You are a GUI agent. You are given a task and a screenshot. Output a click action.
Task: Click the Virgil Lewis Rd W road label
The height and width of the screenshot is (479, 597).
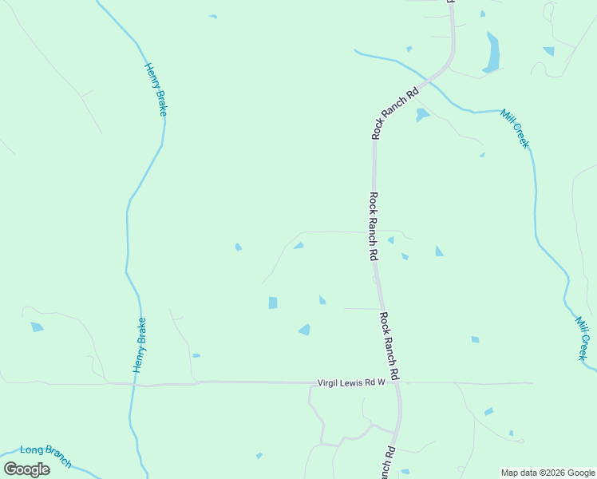pyautogui.click(x=351, y=383)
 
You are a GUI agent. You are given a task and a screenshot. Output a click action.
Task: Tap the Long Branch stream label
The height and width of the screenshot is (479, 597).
pyautogui.click(x=46, y=456)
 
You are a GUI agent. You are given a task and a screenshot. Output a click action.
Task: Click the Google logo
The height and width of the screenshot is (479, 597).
pyautogui.click(x=27, y=469)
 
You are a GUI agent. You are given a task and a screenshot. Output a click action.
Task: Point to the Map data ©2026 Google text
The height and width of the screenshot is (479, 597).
pyautogui.click(x=548, y=473)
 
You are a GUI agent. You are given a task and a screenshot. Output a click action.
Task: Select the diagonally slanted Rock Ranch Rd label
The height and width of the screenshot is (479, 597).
pyautogui.click(x=395, y=113)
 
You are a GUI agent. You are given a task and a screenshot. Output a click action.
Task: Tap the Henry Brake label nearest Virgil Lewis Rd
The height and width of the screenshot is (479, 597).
pyautogui.click(x=140, y=345)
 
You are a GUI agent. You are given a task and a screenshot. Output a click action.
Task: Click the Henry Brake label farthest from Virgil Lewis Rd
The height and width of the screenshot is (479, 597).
pyautogui.click(x=155, y=89)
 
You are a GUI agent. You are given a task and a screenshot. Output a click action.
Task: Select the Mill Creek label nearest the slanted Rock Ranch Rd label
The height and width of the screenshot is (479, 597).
pyautogui.click(x=515, y=128)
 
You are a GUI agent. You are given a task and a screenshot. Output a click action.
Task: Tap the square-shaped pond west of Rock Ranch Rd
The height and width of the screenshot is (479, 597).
pyautogui.click(x=273, y=303)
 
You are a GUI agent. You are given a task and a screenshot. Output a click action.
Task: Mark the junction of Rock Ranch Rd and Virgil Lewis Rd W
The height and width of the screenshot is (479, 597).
pyautogui.click(x=397, y=383)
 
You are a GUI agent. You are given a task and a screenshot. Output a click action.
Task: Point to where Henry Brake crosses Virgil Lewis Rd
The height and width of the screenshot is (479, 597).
pyautogui.click(x=133, y=385)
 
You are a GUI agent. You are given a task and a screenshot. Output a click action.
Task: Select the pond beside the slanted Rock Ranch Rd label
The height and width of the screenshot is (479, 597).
pyautogui.click(x=421, y=114)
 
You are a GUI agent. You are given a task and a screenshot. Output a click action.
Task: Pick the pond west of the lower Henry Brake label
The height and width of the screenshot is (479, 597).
pyautogui.click(x=37, y=327)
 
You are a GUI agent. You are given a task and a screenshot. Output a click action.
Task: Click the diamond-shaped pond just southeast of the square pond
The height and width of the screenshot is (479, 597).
pyautogui.click(x=304, y=329)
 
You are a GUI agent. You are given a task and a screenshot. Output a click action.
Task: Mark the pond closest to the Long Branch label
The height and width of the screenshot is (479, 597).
pyautogui.click(x=259, y=455)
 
